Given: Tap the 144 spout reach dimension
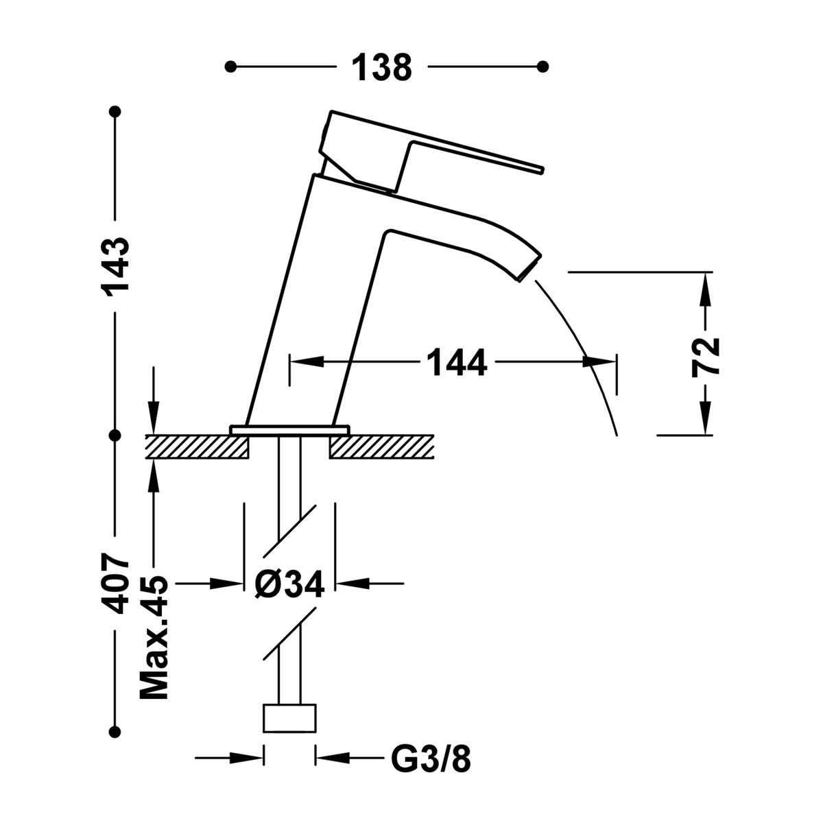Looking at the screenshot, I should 456,361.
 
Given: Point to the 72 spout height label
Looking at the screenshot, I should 706,356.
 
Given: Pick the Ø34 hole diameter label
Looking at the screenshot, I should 289,584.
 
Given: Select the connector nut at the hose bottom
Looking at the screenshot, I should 289,719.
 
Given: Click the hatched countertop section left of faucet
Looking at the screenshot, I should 196,446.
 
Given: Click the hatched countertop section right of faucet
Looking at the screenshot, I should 381,446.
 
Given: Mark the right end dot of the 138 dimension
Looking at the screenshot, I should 543,67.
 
